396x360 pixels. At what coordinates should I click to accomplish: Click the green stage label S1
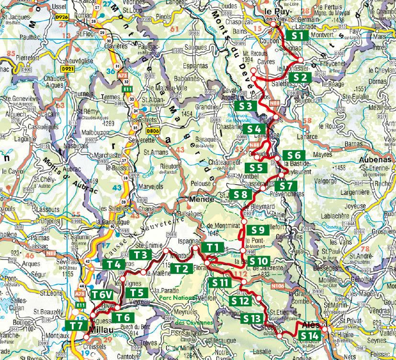tap(298, 35)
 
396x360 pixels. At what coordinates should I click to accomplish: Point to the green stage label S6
tap(294, 155)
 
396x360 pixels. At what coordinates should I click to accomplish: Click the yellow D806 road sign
tap(153, 130)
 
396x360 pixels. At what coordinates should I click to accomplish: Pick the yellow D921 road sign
tap(68, 69)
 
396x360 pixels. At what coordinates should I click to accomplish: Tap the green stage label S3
tap(245, 105)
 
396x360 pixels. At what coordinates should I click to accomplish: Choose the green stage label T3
tap(140, 255)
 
